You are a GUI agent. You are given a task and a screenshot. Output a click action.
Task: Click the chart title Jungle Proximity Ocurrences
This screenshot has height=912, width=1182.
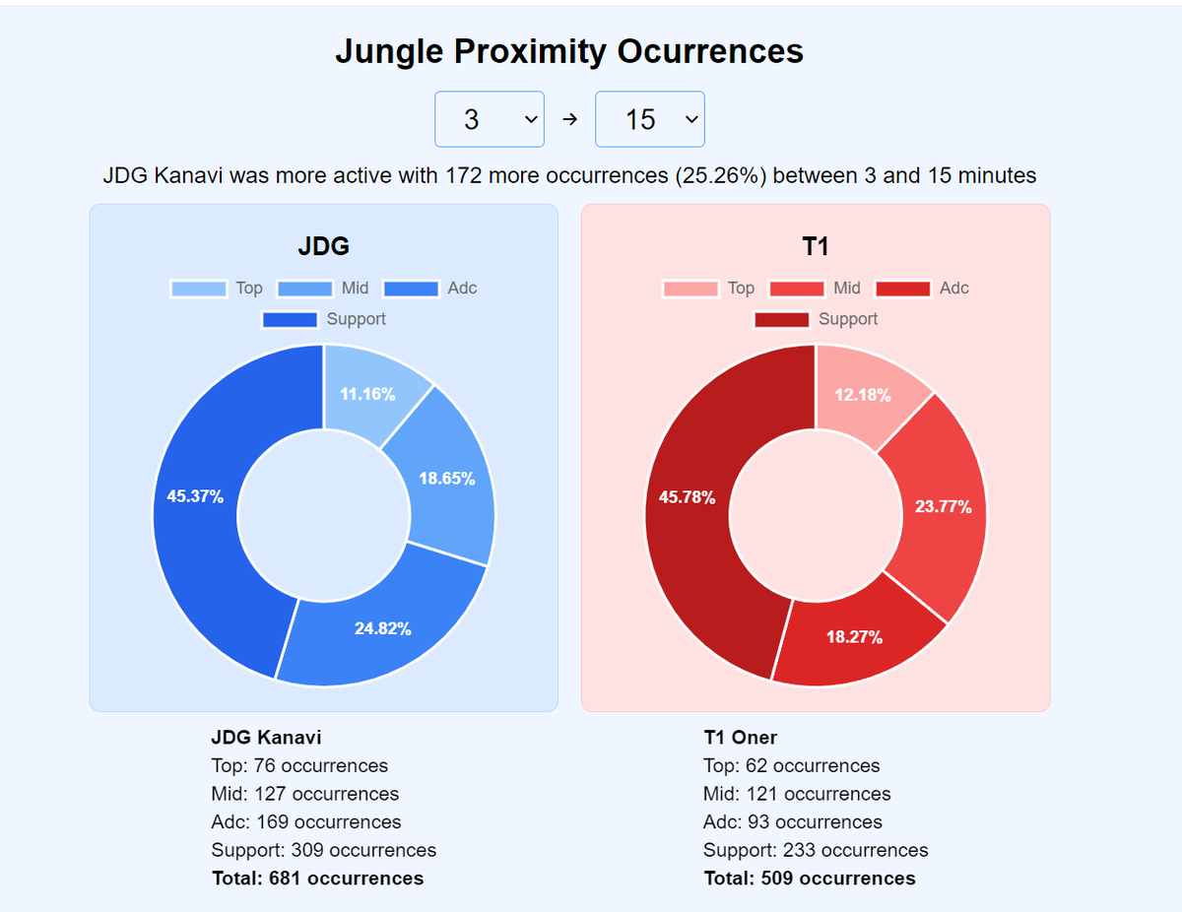(569, 51)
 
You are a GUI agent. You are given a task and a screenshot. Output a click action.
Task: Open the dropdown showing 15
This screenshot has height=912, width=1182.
(650, 119)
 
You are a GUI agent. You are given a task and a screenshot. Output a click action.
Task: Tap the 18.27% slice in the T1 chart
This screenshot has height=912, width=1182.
(853, 635)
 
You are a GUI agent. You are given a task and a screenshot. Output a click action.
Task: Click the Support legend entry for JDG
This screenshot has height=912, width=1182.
(324, 319)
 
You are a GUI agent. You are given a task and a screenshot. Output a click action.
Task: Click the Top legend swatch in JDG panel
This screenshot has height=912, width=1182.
(198, 289)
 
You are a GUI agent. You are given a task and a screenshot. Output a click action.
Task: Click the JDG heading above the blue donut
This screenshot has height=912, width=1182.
(323, 246)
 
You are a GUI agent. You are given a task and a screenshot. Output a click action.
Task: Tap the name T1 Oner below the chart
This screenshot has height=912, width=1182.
(740, 738)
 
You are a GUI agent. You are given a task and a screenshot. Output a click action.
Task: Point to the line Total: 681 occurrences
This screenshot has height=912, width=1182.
(317, 879)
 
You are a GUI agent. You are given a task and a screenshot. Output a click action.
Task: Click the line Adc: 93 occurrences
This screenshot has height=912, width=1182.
(792, 822)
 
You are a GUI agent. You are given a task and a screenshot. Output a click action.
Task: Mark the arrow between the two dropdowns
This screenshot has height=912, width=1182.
(569, 119)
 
